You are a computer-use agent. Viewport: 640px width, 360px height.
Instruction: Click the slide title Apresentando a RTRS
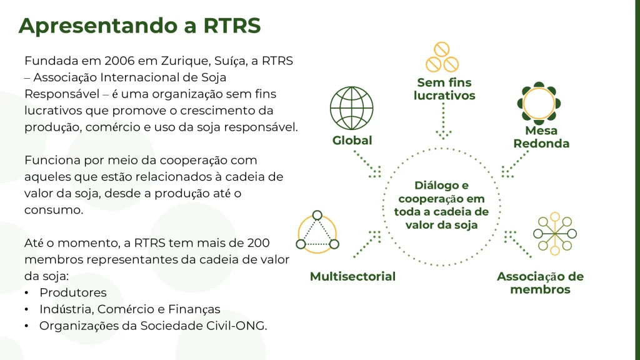(x=139, y=26)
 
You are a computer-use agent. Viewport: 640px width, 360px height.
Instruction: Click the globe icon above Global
(x=352, y=107)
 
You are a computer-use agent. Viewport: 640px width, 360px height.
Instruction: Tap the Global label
(x=352, y=141)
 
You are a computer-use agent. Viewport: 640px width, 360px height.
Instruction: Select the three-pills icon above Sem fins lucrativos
(x=442, y=57)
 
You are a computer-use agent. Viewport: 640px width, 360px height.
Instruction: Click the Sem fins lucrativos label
(x=444, y=89)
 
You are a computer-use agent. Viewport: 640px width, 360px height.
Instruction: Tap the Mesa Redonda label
(x=541, y=137)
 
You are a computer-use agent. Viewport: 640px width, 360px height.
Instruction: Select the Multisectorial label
(x=352, y=276)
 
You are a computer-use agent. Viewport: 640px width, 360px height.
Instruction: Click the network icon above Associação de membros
(x=553, y=234)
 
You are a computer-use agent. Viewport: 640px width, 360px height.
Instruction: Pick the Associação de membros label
(x=540, y=283)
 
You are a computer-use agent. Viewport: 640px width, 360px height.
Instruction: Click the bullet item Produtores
(x=73, y=292)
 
